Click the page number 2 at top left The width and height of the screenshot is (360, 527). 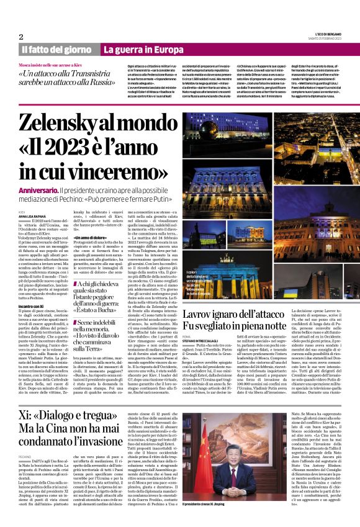[21, 36]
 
